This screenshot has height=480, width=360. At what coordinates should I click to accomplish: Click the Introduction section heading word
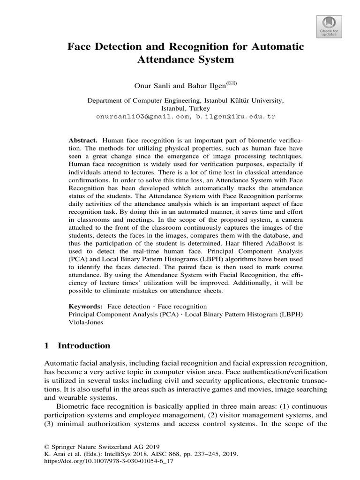point(84,346)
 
